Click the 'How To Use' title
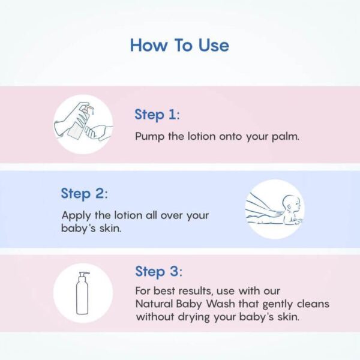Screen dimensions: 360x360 179,46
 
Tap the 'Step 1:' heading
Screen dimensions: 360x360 157,115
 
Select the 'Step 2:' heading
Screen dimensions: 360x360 83,193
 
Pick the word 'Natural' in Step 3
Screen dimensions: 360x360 155,304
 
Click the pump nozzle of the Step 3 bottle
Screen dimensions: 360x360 84,274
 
